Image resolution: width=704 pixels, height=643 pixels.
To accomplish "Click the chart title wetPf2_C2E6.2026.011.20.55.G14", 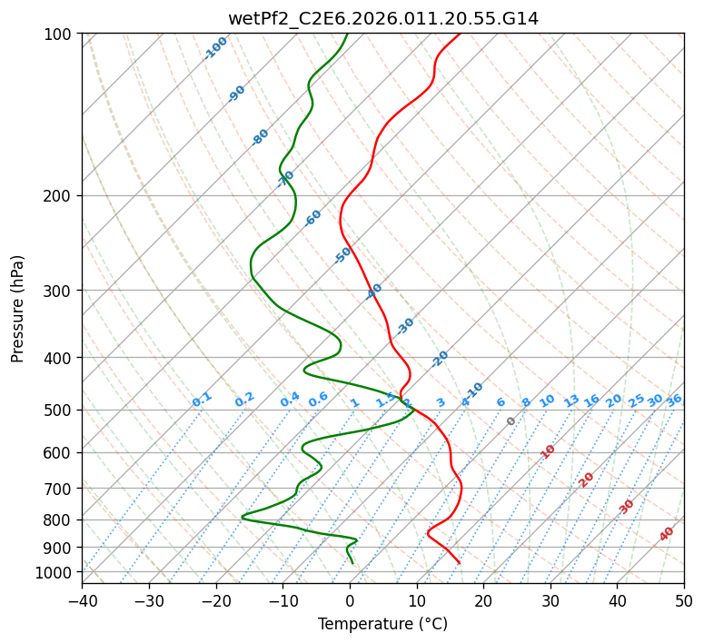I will (382, 18).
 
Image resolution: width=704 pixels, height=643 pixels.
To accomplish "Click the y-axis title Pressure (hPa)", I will (18, 308).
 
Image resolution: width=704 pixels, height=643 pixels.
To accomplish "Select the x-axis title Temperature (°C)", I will (382, 624).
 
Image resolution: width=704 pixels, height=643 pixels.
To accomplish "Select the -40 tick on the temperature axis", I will (82, 601).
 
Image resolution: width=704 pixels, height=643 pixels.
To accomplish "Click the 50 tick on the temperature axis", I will (684, 601).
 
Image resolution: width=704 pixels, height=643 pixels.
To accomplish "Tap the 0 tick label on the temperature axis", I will (350, 601).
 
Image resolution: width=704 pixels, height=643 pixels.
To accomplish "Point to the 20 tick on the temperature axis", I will (483, 601).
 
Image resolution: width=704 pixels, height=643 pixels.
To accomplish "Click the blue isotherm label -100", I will (216, 47).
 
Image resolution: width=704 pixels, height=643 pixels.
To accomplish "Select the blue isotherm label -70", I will (286, 178).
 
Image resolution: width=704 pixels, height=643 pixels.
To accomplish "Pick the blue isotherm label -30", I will (405, 325).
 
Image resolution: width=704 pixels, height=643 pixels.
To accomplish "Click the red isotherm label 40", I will (667, 534).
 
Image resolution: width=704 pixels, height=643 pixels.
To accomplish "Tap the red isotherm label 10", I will (548, 451).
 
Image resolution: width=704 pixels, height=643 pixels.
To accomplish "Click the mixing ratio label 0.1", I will (202, 399).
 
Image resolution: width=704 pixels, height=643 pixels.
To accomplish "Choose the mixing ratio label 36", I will (674, 400).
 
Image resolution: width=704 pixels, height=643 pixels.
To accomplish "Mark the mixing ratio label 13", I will (571, 401).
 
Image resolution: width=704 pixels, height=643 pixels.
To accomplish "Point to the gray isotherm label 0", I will (511, 421).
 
